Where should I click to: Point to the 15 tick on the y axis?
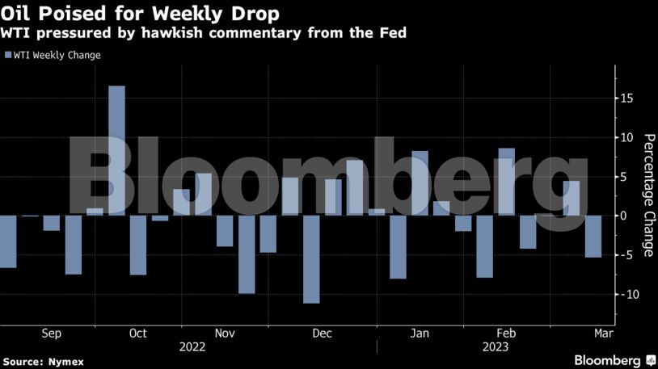(627, 99)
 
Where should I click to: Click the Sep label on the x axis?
(50, 333)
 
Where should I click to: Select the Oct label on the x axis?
(137, 333)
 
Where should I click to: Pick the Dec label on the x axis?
(322, 333)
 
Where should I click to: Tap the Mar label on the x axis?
(604, 333)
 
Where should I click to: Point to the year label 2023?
(496, 347)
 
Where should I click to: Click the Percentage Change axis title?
(648, 195)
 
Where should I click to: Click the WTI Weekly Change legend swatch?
(7, 55)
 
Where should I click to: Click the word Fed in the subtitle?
(393, 34)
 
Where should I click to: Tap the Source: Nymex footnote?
(43, 361)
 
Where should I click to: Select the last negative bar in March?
(593, 236)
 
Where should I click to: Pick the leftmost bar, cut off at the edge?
(7, 241)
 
